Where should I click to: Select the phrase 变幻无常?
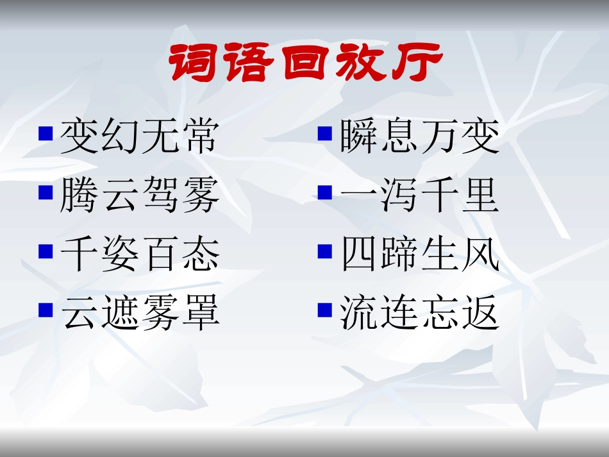coord(139,137)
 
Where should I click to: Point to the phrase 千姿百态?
coord(139,255)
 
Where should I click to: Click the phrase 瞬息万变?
coord(419,137)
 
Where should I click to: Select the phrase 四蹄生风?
coord(419,255)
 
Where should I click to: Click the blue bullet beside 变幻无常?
coord(45,133)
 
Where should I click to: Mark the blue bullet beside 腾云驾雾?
coord(45,192)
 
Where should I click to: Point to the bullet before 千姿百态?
coord(45,251)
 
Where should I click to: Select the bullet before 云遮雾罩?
coord(45,310)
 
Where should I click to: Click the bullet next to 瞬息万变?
coord(325,133)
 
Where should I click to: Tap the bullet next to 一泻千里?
coord(325,192)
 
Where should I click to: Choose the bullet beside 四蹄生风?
coord(325,251)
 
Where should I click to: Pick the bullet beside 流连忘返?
coord(325,310)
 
